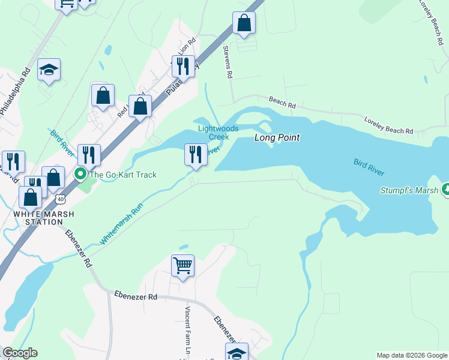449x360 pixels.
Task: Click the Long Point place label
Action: (277, 138)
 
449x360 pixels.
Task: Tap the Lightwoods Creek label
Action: (218, 133)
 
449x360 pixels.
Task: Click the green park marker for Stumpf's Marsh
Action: (445, 190)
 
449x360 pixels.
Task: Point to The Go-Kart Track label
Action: (123, 175)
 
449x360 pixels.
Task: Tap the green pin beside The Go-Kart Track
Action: (80, 175)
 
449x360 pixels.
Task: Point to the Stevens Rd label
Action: (227, 63)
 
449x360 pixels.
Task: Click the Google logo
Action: (20, 353)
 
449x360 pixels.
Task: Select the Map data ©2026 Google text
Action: (411, 355)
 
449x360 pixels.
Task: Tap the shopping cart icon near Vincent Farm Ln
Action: (183, 265)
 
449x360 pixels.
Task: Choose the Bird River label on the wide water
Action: (369, 167)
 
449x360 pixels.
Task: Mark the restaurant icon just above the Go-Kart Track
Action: (89, 154)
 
